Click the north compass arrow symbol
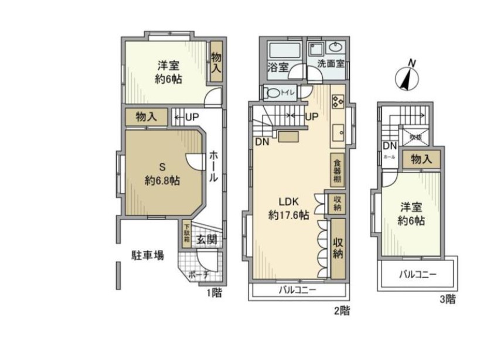[406, 77]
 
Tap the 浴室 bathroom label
[278, 67]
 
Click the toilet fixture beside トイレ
[272, 92]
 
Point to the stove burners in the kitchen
[338, 102]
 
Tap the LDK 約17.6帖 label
[288, 208]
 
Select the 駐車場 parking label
[147, 255]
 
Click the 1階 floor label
[214, 293]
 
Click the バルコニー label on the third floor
[418, 274]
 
